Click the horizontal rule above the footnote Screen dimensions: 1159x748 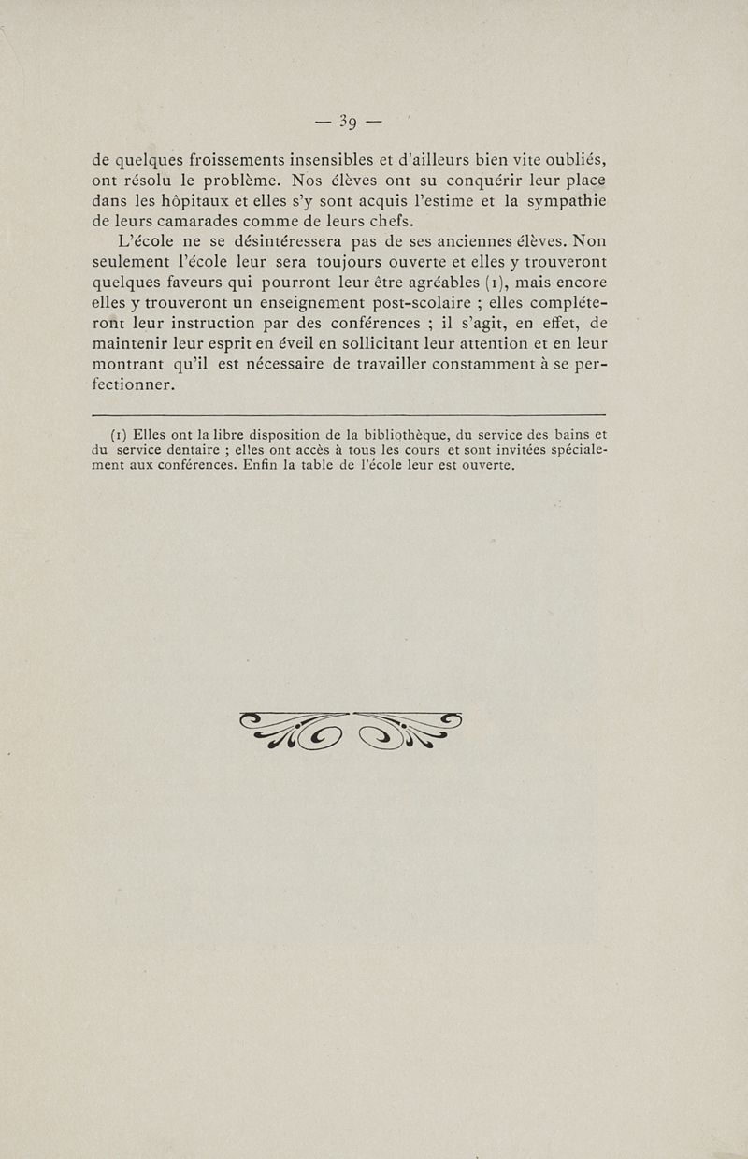(x=350, y=414)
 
